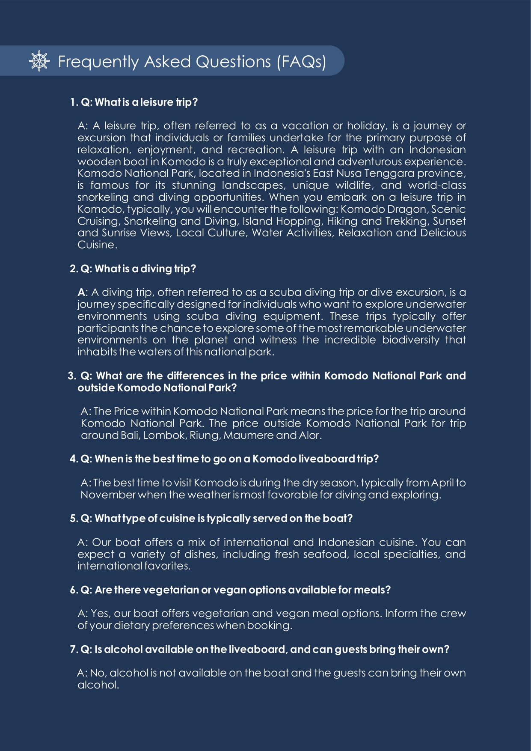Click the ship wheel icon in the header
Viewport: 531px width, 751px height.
(x=39, y=61)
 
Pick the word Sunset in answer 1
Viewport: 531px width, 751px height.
(x=449, y=221)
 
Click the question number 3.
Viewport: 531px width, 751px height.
(x=71, y=376)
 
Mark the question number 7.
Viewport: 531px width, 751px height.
(x=73, y=650)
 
